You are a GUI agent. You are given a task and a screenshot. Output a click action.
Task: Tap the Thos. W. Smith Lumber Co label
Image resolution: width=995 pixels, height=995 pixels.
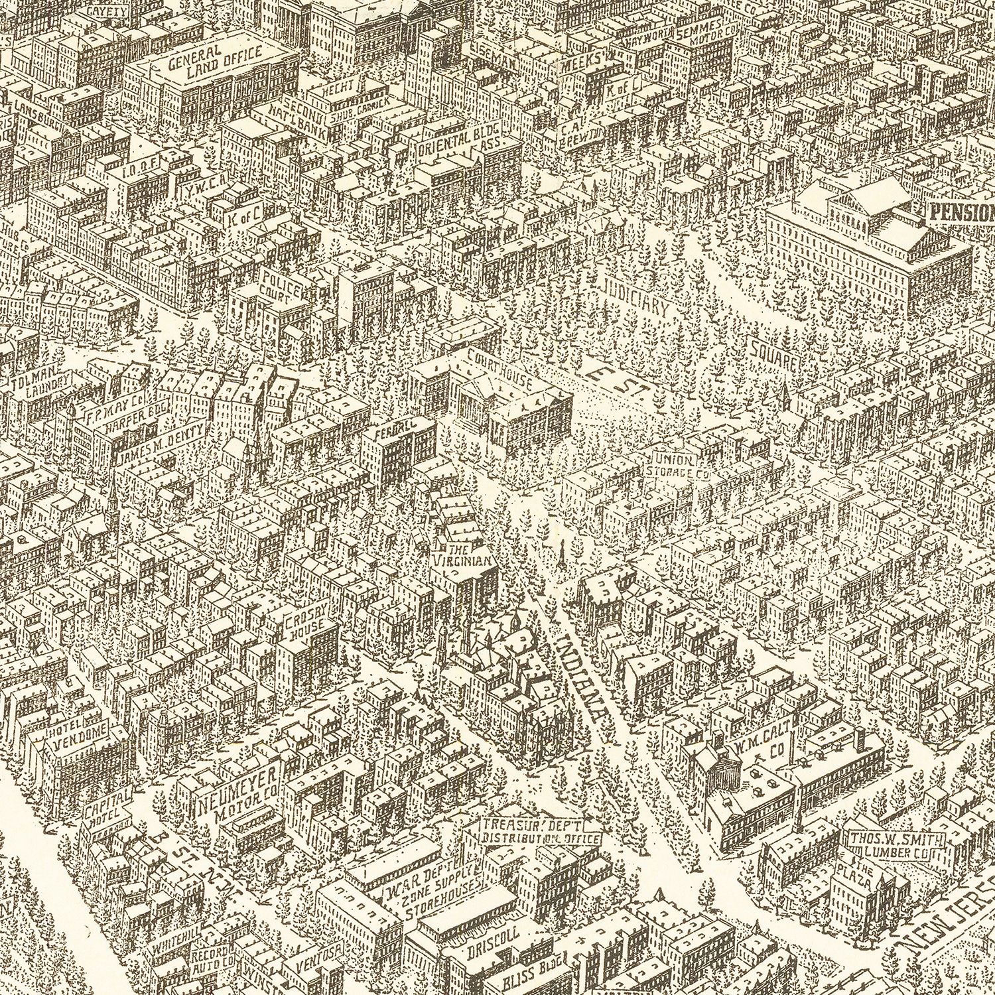point(895,846)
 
